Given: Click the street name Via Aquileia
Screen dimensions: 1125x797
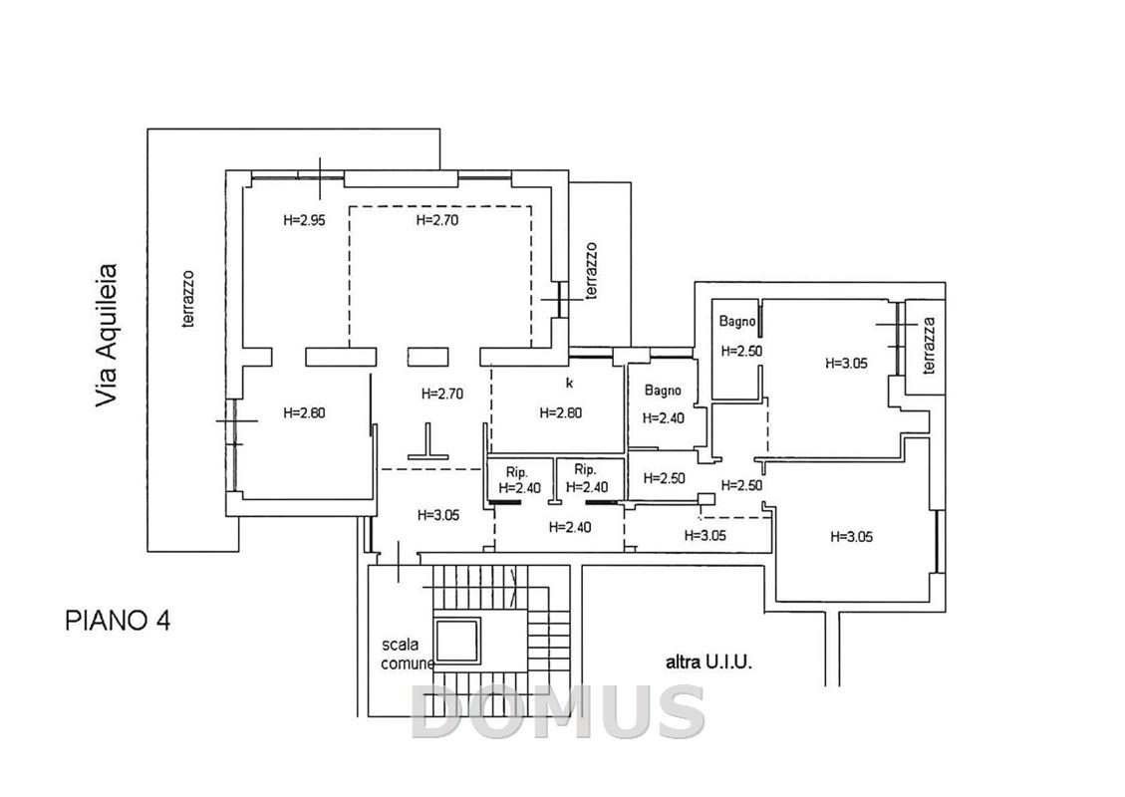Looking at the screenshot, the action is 107,337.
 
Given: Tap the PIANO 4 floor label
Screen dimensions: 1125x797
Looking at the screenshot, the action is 118,621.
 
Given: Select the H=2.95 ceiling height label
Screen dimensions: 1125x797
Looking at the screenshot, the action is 304,220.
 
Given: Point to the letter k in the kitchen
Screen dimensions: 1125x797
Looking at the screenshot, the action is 570,384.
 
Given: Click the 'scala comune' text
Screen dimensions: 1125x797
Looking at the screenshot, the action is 407,655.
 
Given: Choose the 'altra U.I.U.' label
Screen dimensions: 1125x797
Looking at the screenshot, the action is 708,663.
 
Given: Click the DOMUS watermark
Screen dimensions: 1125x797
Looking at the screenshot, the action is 557,711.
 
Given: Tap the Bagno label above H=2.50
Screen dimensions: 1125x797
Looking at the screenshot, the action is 737,322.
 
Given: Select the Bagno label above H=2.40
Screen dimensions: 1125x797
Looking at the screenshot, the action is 663,391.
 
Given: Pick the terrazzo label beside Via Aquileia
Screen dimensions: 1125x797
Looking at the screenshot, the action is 188,299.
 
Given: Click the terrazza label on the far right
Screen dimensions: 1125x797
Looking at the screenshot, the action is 930,345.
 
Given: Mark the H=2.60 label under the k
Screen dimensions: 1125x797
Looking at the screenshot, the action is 560,413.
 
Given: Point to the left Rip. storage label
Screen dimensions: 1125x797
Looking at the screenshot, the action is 516,473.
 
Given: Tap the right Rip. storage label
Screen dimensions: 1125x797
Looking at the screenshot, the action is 586,470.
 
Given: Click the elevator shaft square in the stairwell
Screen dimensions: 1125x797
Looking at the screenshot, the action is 457,642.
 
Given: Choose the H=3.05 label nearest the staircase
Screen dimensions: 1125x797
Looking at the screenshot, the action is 438,515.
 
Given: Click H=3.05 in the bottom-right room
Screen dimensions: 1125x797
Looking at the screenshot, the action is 852,537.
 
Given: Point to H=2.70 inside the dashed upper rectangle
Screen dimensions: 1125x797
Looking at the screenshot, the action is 436,220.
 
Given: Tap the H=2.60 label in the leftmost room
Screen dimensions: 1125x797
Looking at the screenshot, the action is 304,413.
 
